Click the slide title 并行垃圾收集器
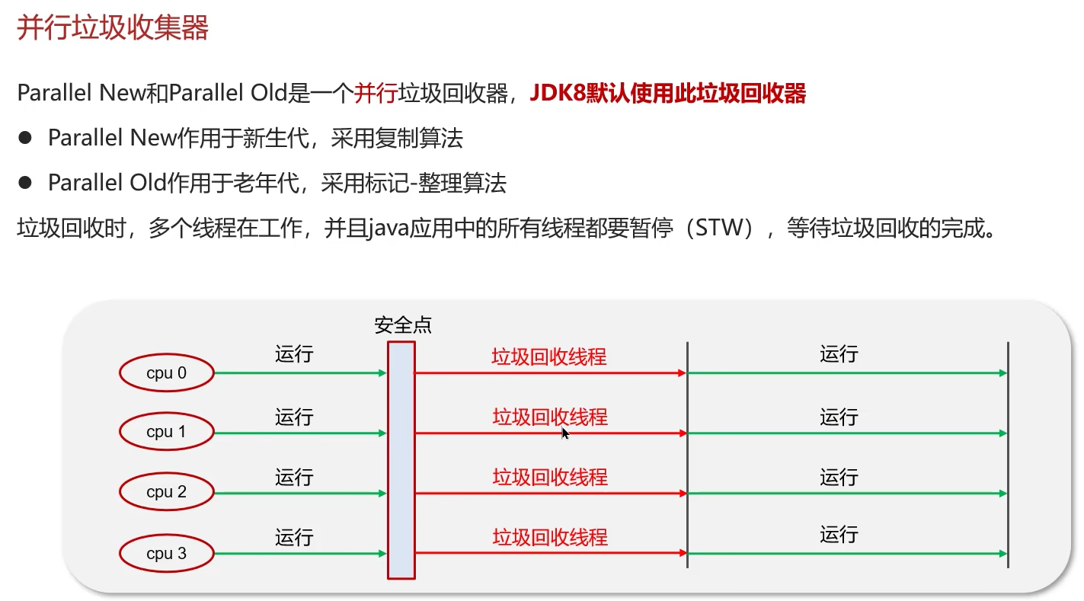pos(113,29)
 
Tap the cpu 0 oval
pos(165,372)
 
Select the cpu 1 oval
pos(165,432)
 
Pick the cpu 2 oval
pos(165,492)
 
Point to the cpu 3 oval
pos(165,553)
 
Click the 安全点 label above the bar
pos(402,325)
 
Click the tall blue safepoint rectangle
pos(401,459)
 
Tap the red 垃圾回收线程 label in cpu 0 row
pos(549,356)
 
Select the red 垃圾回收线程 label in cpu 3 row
pos(550,537)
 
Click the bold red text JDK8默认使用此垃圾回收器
pos(667,94)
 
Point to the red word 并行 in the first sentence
pos(376,94)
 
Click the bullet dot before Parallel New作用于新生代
pos(26,138)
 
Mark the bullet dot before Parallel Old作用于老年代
pos(26,183)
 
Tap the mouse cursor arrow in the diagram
pos(565,433)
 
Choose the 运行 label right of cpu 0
pos(294,354)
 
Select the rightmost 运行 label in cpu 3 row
pos(839,534)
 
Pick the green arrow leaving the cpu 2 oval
pos(300,494)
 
